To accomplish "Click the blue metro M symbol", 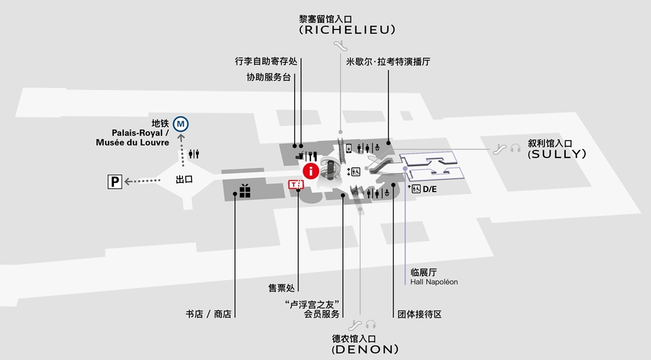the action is coord(180,124).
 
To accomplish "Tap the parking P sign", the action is coord(115,182).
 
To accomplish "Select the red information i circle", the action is coord(311,171).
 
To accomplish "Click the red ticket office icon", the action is coord(296,184).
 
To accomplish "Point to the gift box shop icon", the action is coord(245,191).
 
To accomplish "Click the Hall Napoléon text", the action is coord(434,282).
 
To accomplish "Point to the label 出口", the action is coord(184,180).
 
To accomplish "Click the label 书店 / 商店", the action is coord(208,314).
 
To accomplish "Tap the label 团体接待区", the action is coord(419,314).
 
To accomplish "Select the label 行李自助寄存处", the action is coord(266,61).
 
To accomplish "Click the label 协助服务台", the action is coord(269,77).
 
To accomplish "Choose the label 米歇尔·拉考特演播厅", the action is coord(388,61).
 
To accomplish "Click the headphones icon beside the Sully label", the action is coord(515,148).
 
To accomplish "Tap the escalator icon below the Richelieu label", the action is coord(340,46).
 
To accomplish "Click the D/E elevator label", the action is coord(429,189).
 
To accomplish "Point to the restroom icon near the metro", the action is coord(193,154).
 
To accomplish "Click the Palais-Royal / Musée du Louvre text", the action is coord(132,137).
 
